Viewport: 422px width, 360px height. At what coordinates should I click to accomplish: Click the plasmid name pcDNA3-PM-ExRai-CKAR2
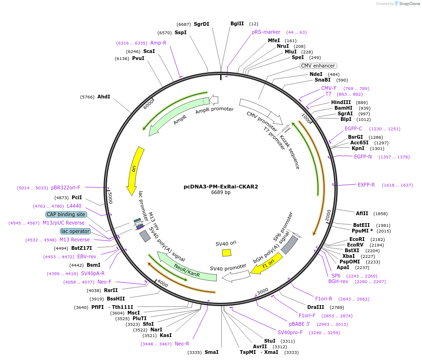pos(221,186)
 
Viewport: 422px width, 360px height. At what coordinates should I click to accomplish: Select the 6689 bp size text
pos(221,192)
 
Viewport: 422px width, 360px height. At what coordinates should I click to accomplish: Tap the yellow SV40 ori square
pos(227,253)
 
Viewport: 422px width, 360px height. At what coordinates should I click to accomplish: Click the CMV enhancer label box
pos(318,66)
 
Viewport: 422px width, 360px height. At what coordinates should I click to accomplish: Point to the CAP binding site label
pos(66,214)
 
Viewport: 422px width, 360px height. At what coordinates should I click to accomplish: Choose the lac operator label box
pos(75,231)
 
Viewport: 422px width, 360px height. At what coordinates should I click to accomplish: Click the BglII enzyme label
pos(237,23)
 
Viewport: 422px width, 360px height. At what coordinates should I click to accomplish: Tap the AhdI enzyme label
pos(104,97)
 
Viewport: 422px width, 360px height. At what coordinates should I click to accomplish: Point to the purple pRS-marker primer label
pos(266,32)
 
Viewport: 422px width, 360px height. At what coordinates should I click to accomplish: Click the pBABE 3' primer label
pos(299,324)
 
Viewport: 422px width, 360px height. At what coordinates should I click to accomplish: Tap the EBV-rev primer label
pos(87,256)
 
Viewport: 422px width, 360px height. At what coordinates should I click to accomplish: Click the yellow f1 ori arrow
pos(267,264)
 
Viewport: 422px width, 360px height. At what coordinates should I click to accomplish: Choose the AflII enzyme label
pos(362,213)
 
